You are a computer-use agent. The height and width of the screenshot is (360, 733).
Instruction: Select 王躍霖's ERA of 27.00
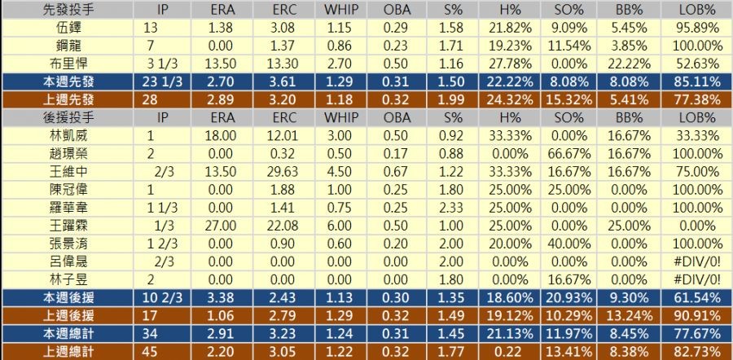[x=222, y=225]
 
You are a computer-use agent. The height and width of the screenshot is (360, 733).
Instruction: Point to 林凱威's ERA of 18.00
[x=222, y=135]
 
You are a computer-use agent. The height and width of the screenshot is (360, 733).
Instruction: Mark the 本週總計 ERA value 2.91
[x=222, y=332]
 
